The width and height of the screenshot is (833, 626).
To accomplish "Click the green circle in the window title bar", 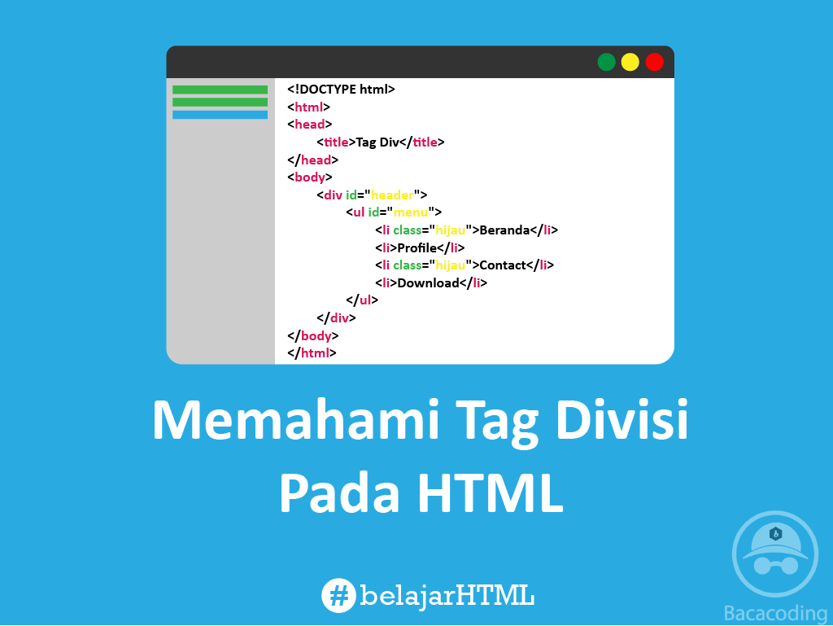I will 606,62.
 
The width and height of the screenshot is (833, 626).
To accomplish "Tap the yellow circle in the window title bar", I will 630,62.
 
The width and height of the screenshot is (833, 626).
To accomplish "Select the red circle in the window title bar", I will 654,62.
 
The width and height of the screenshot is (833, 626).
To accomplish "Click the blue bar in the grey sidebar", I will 220,115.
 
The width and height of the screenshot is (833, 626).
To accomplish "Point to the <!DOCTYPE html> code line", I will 341,90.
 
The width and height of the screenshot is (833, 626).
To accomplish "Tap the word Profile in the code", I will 417,248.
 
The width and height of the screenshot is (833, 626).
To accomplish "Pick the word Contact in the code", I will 503,265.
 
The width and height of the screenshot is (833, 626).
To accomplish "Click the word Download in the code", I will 428,283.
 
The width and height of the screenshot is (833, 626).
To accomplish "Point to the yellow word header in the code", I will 393,195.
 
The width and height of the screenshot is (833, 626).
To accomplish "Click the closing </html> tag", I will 312,353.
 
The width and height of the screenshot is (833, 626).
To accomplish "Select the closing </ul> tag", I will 362,300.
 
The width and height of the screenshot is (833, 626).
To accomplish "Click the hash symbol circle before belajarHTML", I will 339,595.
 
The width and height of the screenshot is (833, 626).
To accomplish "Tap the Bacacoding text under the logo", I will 774,612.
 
